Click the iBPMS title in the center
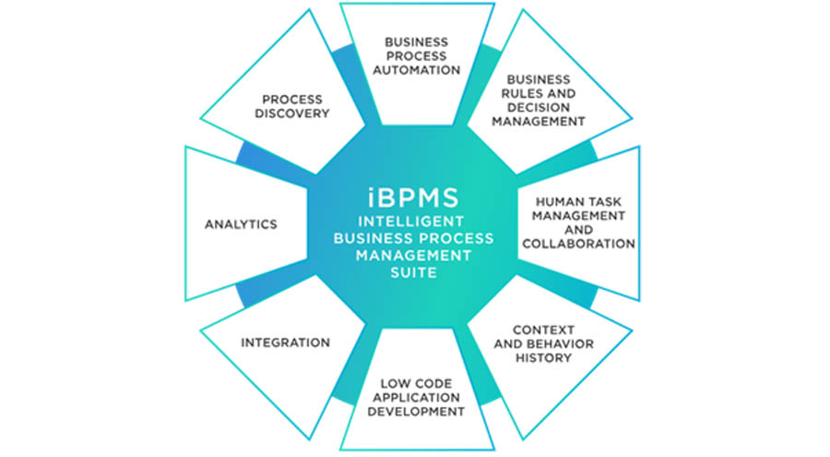pyautogui.click(x=413, y=198)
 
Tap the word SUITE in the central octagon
pyautogui.click(x=413, y=272)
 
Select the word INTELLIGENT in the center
pyautogui.click(x=410, y=221)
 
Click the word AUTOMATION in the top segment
pyautogui.click(x=417, y=70)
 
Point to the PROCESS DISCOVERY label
pyautogui.click(x=292, y=106)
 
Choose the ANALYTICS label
pyautogui.click(x=241, y=224)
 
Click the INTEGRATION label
pyautogui.click(x=285, y=343)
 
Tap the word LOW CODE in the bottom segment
pyautogui.click(x=416, y=383)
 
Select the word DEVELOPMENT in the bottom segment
pyautogui.click(x=416, y=412)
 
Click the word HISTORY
pyautogui.click(x=543, y=358)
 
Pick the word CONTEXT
pyautogui.click(x=543, y=330)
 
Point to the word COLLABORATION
pyautogui.click(x=578, y=244)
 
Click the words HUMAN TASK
pyautogui.click(x=578, y=202)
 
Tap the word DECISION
pyautogui.click(x=539, y=108)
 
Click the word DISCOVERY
pyautogui.click(x=292, y=114)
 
